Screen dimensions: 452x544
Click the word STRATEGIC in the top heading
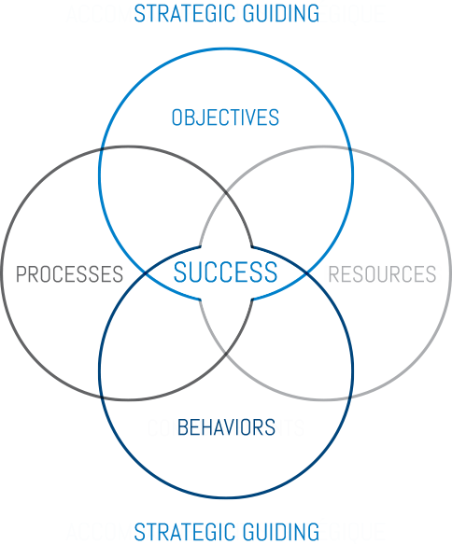(185, 14)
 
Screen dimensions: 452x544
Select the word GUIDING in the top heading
(281, 14)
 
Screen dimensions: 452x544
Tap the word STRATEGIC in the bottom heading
(185, 532)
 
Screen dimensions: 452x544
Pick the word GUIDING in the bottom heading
(281, 532)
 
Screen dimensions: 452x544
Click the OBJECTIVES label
(225, 118)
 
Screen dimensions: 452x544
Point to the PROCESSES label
(69, 273)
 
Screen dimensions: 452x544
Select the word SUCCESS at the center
(225, 272)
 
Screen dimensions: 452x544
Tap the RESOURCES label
(382, 273)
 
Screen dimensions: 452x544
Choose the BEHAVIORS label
(226, 427)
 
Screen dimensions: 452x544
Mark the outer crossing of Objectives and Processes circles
(102, 149)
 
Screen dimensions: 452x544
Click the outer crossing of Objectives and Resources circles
(350, 149)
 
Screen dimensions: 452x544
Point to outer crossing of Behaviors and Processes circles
(102, 398)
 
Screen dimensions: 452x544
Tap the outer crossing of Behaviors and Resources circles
(350, 398)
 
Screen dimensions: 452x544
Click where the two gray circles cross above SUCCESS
(226, 192)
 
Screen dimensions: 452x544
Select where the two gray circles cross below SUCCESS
(226, 355)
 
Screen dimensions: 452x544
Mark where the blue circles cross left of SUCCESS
(145, 273)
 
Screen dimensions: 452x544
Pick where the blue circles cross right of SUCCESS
(306, 273)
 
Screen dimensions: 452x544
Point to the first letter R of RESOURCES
(333, 273)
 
